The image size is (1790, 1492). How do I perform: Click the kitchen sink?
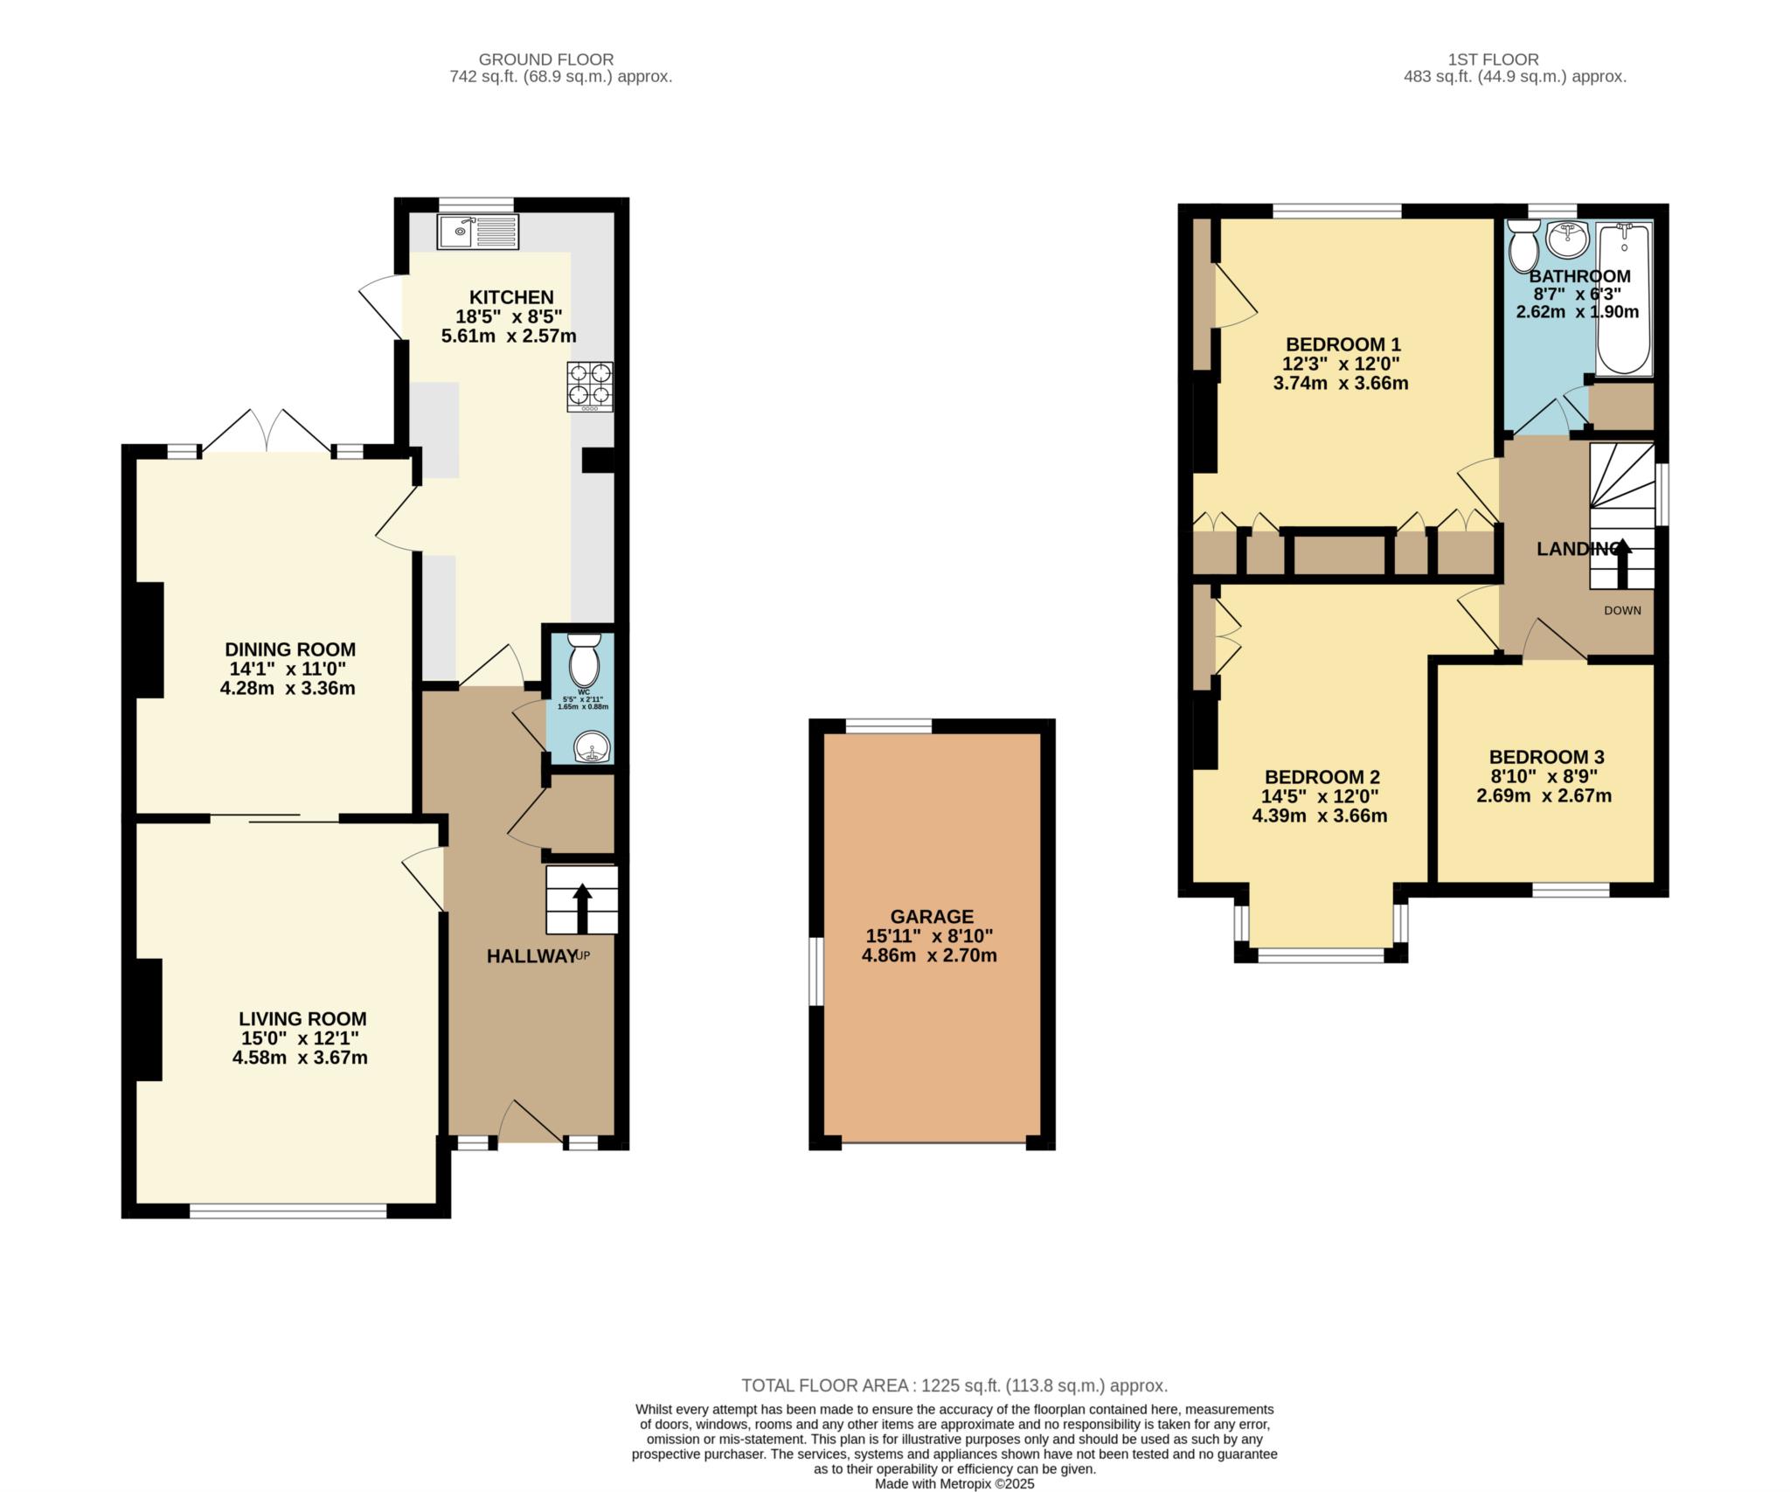tap(478, 232)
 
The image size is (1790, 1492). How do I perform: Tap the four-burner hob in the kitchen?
tap(590, 387)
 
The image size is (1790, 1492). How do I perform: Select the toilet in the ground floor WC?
tap(583, 662)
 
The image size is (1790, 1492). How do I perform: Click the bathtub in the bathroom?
tap(1624, 299)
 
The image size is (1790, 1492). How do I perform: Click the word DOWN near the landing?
tap(1622, 610)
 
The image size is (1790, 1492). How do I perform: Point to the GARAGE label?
tap(932, 916)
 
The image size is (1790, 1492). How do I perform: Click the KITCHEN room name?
tap(511, 297)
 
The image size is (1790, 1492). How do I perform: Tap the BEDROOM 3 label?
tap(1546, 757)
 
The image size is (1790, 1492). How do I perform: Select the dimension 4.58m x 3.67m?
tap(300, 1058)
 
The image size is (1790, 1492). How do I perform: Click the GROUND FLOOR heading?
tap(546, 59)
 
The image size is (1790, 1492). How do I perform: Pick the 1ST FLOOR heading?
tap(1493, 59)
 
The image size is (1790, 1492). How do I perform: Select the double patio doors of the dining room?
tap(267, 430)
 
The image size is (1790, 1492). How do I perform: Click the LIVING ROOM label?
tap(302, 1018)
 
